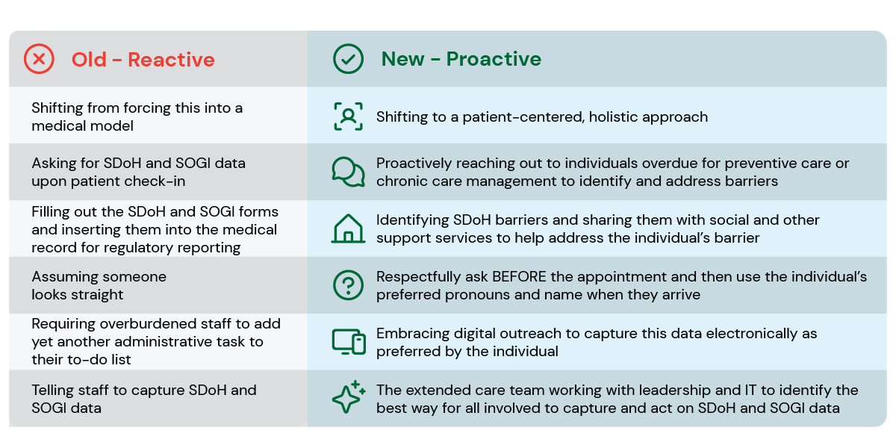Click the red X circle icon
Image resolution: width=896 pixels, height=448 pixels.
[39, 59]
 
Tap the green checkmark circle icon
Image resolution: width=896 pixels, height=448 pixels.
[348, 59]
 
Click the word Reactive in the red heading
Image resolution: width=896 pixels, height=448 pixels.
[171, 60]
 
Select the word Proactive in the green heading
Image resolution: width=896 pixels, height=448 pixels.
[494, 59]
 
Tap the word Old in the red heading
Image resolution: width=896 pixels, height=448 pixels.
[89, 60]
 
